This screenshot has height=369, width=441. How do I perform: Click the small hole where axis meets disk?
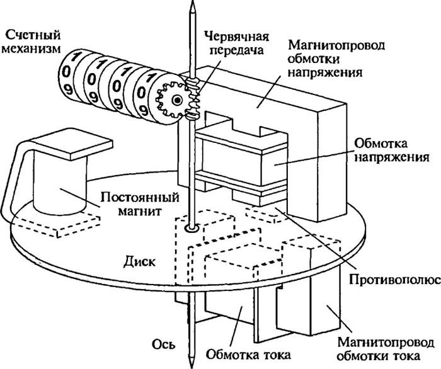[190, 227]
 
